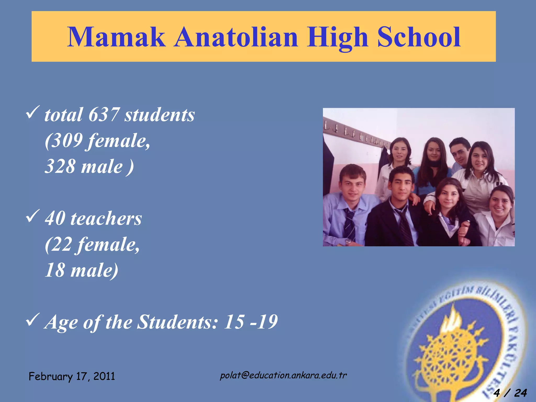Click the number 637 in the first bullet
104,115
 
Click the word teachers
106,218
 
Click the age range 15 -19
250,322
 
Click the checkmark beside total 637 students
33,113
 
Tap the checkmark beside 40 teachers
33,216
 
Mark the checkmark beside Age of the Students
33,320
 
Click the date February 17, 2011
72,376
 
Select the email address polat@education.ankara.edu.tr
283,375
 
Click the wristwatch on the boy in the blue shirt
348,242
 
